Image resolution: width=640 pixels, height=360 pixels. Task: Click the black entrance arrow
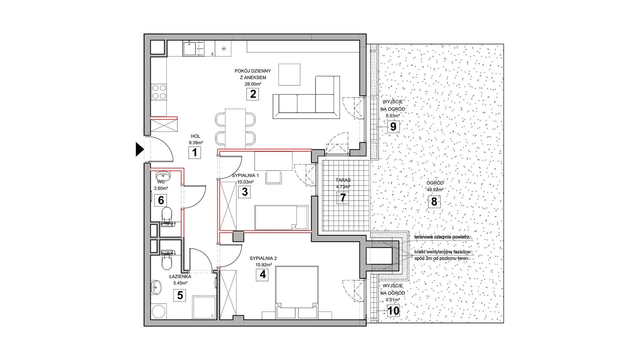[139, 149]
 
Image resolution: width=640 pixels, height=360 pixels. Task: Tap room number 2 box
[253, 94]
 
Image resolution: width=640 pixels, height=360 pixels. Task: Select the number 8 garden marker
[434, 202]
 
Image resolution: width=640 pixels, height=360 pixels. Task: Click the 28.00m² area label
[253, 84]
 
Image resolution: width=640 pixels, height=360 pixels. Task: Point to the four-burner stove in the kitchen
[159, 92]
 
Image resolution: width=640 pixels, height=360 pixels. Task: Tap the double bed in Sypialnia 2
[297, 292]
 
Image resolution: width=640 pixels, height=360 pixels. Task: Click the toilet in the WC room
[167, 216]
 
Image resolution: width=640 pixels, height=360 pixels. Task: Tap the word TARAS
[343, 180]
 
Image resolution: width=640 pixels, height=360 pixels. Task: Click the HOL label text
[196, 136]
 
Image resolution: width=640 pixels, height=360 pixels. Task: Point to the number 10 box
[393, 311]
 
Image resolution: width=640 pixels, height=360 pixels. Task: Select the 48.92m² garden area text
[435, 190]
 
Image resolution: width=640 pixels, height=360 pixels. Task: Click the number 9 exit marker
[393, 127]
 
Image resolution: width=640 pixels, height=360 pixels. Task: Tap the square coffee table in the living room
[289, 74]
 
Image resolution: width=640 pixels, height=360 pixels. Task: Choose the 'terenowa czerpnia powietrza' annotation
[442, 237]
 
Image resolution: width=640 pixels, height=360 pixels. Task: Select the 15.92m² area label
[263, 265]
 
